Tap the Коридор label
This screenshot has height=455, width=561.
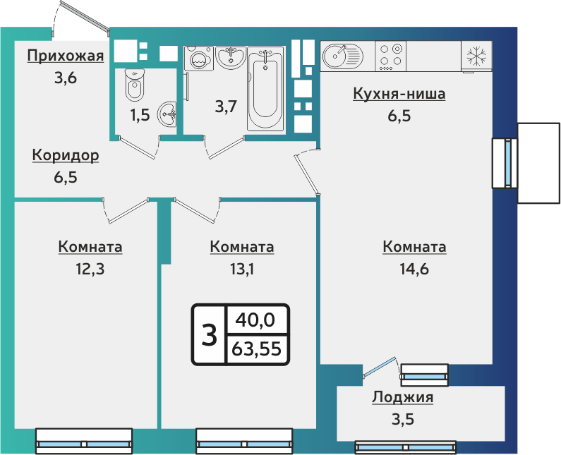click(x=65, y=155)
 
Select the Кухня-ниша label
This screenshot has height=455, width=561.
click(x=399, y=95)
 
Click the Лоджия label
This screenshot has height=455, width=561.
click(x=402, y=398)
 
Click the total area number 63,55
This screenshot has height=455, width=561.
click(x=257, y=348)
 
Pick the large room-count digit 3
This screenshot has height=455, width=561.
click(x=209, y=335)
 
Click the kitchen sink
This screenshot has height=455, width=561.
click(x=342, y=55)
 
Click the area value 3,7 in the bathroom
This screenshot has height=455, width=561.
click(x=226, y=107)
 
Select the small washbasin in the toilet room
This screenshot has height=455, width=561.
click(x=168, y=111)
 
